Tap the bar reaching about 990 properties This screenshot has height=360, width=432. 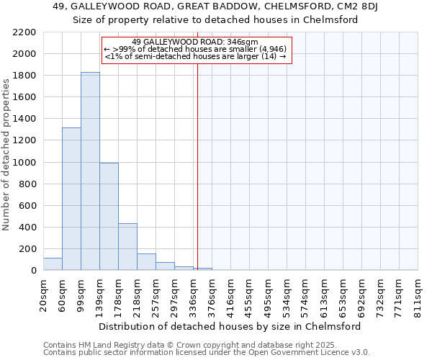109,216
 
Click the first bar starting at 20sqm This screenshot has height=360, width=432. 53,264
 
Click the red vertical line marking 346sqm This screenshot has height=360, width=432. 197,166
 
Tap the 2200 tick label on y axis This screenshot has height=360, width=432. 24,32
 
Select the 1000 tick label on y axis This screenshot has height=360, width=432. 24,163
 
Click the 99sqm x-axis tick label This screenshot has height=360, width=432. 81,293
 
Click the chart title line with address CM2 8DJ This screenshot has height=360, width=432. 215,6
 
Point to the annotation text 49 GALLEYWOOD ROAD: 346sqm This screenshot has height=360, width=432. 195,42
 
